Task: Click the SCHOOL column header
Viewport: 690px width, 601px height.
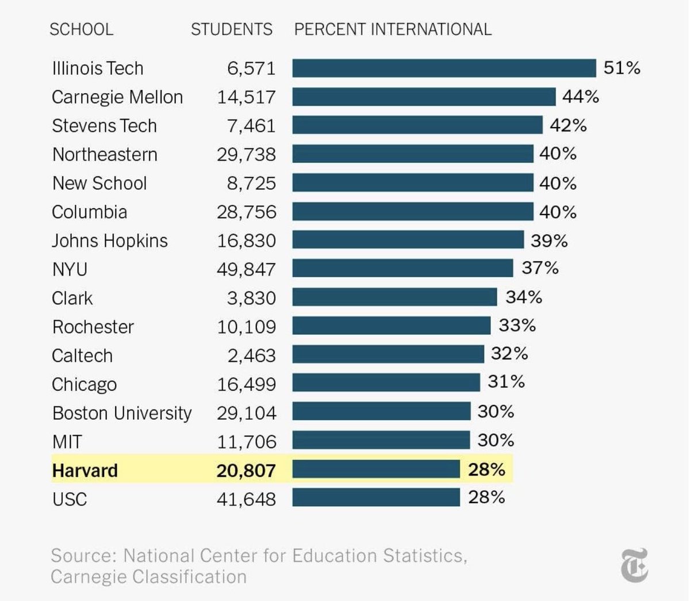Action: click(81, 29)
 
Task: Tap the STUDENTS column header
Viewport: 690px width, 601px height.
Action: click(231, 29)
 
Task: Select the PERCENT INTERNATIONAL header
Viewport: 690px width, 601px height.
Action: click(393, 29)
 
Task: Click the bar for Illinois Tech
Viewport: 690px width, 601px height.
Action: click(444, 68)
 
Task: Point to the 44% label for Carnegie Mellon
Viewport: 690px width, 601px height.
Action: click(581, 97)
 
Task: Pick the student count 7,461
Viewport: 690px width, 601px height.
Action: click(251, 125)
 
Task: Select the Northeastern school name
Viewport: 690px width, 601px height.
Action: click(105, 154)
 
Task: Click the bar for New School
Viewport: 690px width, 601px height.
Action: click(412, 183)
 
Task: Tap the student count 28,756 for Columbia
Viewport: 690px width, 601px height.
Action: click(246, 212)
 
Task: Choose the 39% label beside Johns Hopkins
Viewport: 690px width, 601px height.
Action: click(549, 240)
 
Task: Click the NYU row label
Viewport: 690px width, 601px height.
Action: click(70, 269)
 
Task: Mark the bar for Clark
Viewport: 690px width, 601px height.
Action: click(394, 297)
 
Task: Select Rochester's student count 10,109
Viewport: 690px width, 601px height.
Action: click(246, 327)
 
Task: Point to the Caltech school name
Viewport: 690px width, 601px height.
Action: click(82, 355)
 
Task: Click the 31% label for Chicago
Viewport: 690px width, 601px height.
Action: click(506, 382)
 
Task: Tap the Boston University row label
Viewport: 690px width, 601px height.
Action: click(121, 413)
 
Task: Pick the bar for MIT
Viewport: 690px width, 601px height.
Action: click(381, 441)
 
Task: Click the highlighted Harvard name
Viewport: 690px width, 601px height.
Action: click(85, 470)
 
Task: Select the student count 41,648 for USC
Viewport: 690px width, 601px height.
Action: click(246, 499)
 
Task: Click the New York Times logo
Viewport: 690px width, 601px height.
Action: click(634, 565)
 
